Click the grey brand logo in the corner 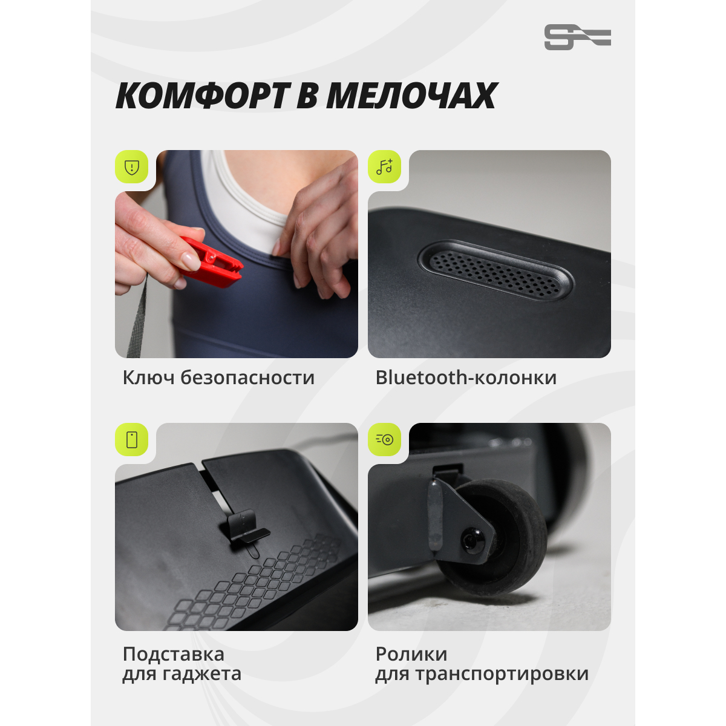577,37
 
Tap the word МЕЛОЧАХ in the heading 411,96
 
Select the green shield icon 131,167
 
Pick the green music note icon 384,167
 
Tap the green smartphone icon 131,440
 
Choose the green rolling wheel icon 384,440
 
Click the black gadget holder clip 247,528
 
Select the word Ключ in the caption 149,378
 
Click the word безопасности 247,378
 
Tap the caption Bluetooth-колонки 466,378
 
